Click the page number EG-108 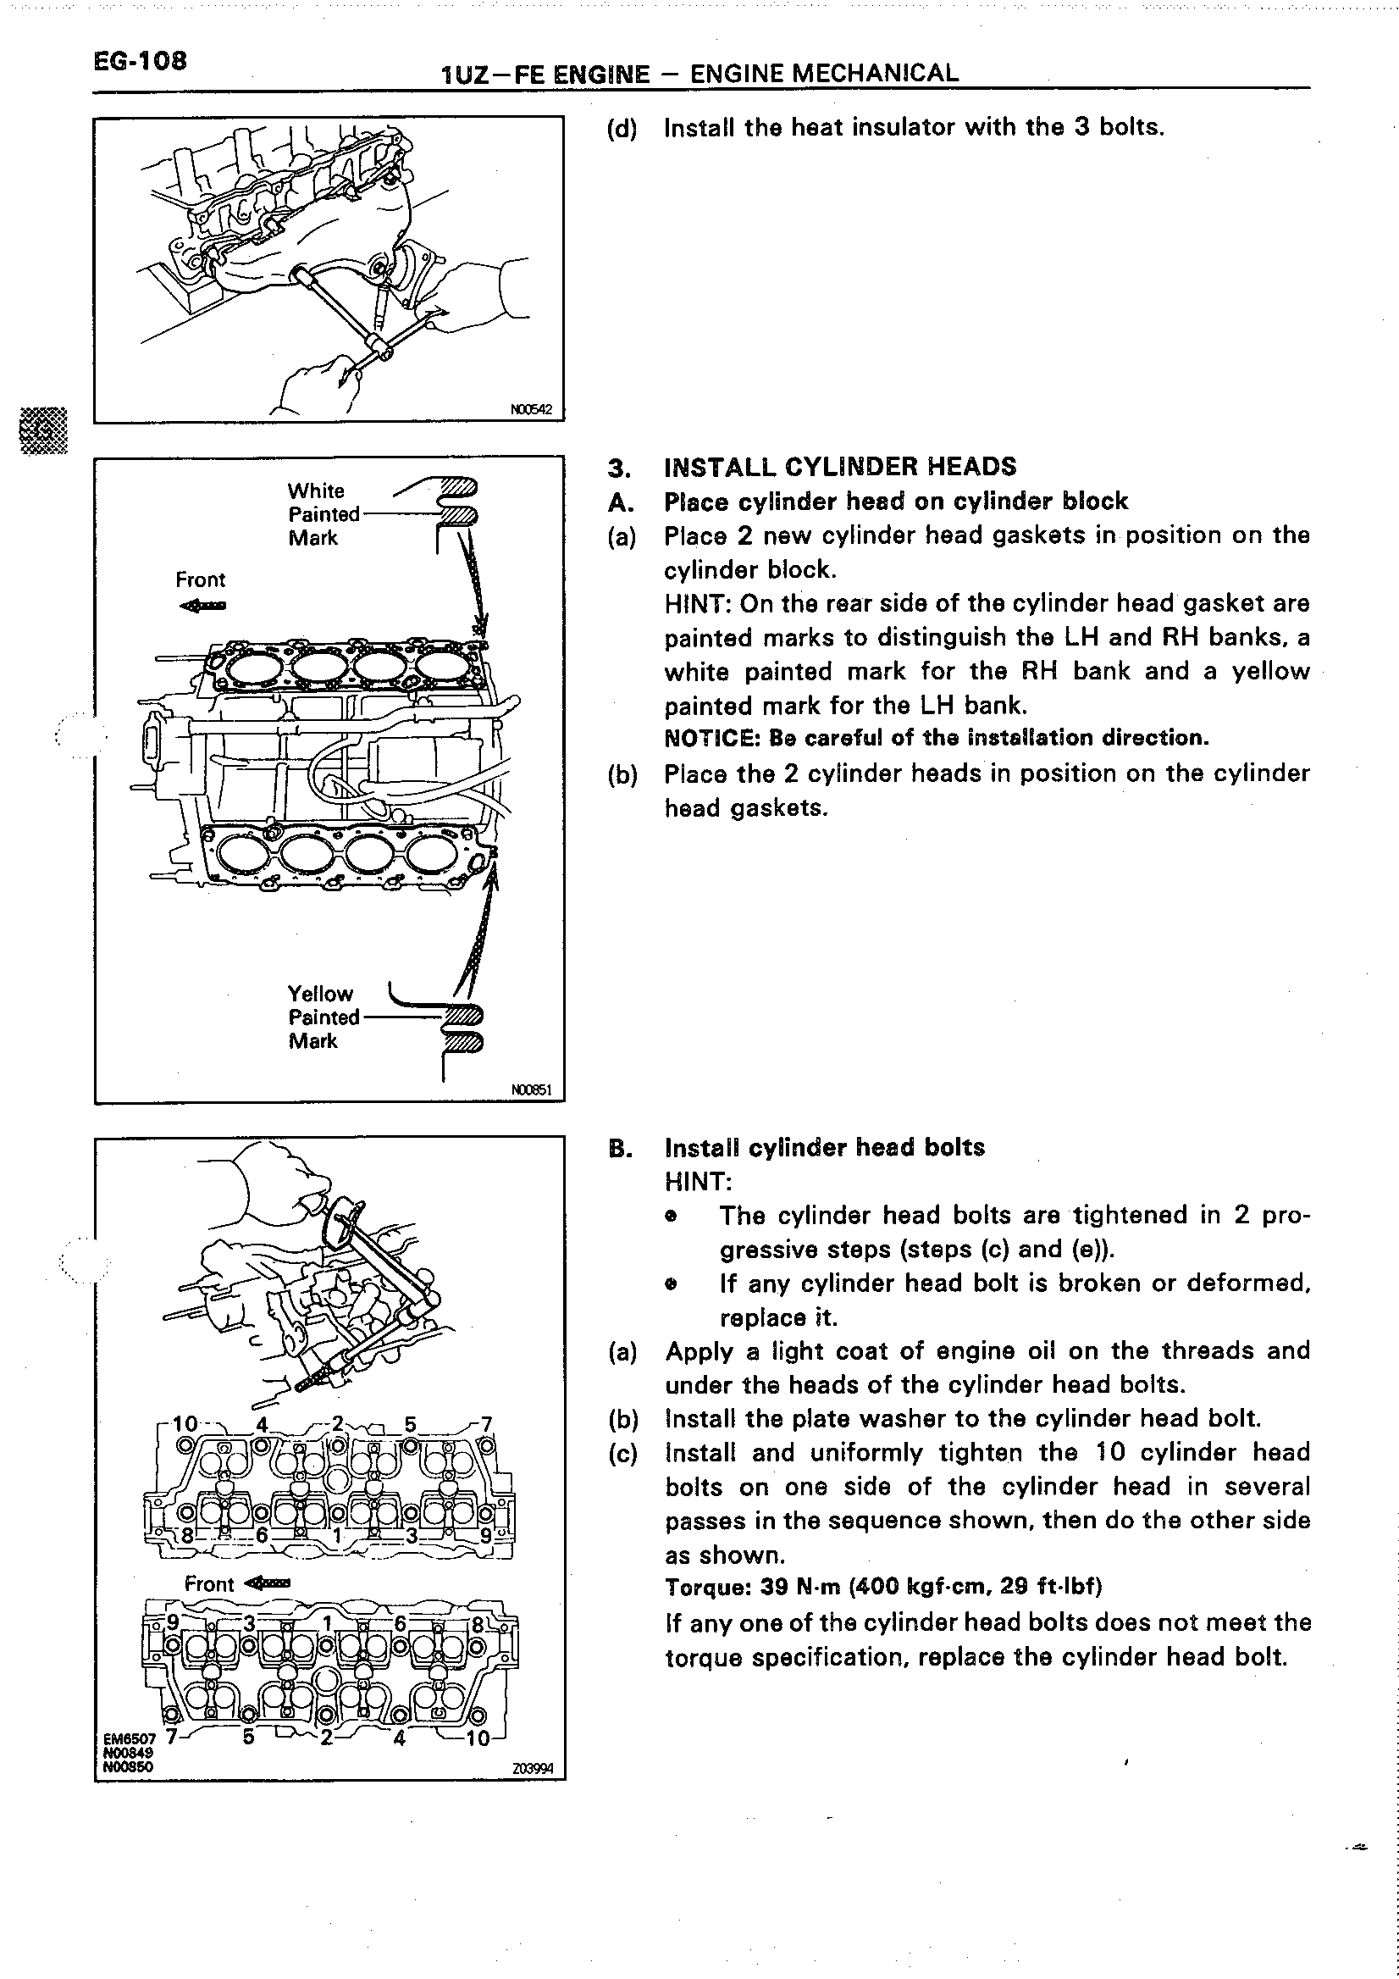140,61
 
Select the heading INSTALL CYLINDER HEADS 840,467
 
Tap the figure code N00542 531,409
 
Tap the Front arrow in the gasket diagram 203,605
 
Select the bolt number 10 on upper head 185,1424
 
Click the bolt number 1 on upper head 337,1535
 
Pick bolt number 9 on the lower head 173,1622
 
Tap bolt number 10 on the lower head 478,1738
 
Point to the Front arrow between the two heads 267,1583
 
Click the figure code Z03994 533,1770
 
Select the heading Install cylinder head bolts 825,1148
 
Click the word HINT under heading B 697,1182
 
